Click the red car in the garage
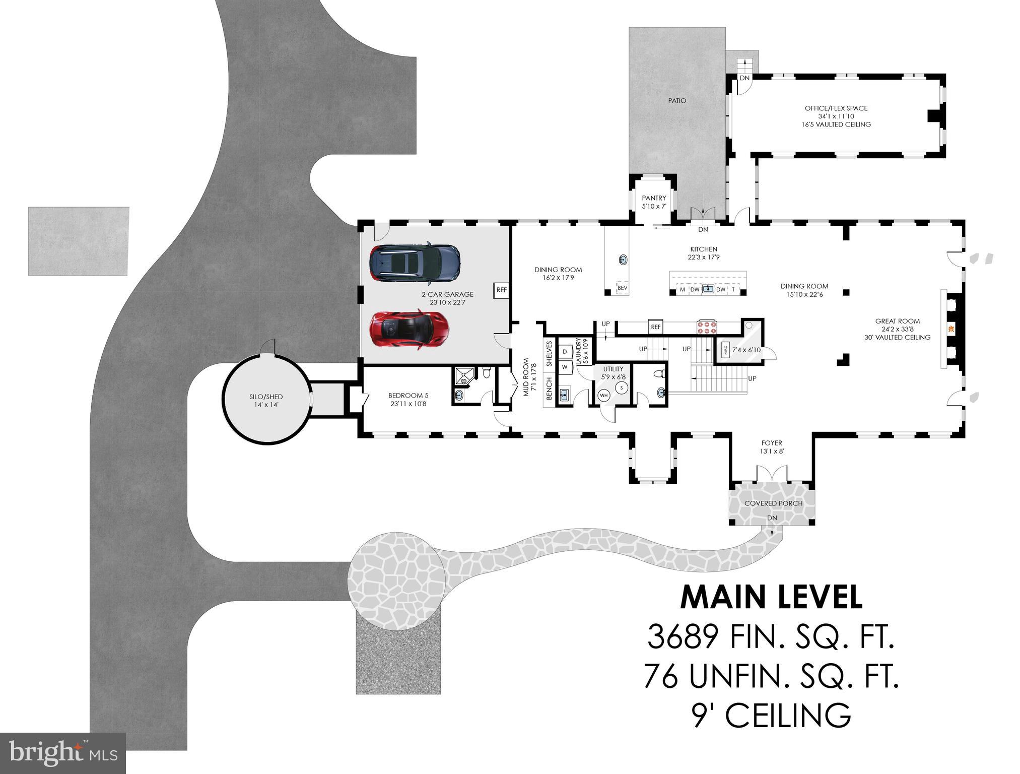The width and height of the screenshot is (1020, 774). click(409, 330)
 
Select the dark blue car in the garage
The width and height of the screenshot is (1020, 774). click(415, 263)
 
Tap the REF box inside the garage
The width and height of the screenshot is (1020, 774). click(501, 290)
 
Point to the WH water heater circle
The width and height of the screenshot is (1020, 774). click(604, 396)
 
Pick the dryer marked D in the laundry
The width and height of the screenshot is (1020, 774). click(565, 351)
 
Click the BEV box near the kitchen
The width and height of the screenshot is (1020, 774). click(623, 288)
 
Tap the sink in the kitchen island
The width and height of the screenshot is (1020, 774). click(708, 289)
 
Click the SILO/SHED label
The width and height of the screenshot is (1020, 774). click(266, 397)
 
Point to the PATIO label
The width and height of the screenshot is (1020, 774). click(677, 101)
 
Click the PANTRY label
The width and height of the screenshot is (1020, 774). click(654, 198)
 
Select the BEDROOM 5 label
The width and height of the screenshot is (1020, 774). click(408, 396)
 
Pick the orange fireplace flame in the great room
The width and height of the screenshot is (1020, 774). click(950, 329)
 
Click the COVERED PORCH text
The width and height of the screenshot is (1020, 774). click(773, 503)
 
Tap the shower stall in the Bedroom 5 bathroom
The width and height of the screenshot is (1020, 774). click(462, 376)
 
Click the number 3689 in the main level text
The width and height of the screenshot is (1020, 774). click(683, 636)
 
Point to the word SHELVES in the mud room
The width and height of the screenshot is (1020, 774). click(550, 354)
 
